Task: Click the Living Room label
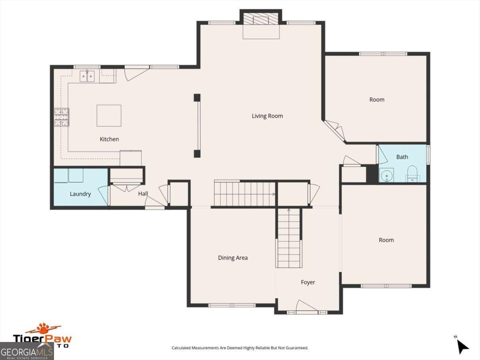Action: (267, 116)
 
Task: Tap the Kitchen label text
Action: (109, 139)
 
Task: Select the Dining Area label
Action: (233, 258)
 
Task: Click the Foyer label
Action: (308, 282)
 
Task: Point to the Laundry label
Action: (80, 194)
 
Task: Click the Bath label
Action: (402, 157)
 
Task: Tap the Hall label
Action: (143, 194)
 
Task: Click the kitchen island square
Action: (109, 116)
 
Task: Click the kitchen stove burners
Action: (61, 117)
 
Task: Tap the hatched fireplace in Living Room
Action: (261, 19)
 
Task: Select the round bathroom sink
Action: (386, 175)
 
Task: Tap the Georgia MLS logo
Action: (26, 352)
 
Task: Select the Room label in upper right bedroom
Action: (376, 100)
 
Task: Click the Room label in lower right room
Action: (386, 240)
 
